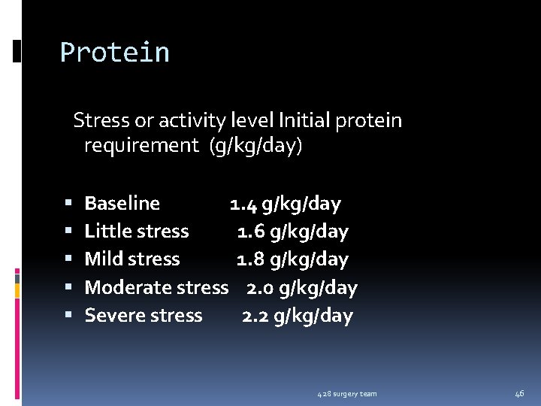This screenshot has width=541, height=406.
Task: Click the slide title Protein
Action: pyautogui.click(x=115, y=53)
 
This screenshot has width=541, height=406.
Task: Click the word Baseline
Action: pyautogui.click(x=122, y=204)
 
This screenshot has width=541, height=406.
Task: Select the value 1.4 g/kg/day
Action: pyautogui.click(x=285, y=204)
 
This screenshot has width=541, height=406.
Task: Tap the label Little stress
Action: pyautogui.click(x=136, y=232)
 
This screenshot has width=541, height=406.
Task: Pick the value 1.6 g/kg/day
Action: pyautogui.click(x=292, y=232)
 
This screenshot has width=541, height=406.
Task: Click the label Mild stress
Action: pyautogui.click(x=132, y=259)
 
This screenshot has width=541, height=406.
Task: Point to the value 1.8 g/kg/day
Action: pyautogui.click(x=292, y=259)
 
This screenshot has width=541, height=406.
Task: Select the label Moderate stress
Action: pyautogui.click(x=156, y=287)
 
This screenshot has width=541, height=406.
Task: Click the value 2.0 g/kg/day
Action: pyautogui.click(x=301, y=287)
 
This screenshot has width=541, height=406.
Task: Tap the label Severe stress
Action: pyautogui.click(x=143, y=315)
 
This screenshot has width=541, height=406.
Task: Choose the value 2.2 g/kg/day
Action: pyautogui.click(x=297, y=315)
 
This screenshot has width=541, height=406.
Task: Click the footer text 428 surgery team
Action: pyautogui.click(x=346, y=394)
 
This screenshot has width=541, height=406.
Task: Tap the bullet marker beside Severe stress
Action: pyautogui.click(x=68, y=316)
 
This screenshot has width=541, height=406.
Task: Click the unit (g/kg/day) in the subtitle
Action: pyautogui.click(x=256, y=146)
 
